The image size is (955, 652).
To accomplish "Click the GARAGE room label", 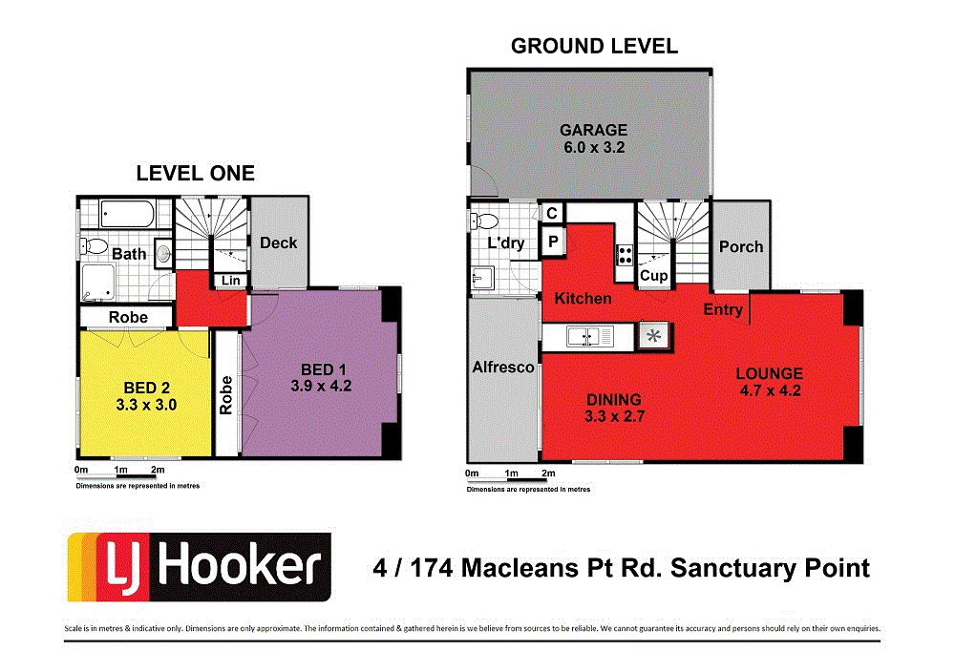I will tap(593, 130).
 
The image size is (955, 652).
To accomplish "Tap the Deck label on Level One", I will tap(278, 242).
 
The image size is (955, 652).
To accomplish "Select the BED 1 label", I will tap(317, 369).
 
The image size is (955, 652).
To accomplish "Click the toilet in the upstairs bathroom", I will tap(94, 245).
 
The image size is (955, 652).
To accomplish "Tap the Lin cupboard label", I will tap(230, 280).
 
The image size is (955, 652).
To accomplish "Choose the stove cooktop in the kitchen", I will tap(626, 254).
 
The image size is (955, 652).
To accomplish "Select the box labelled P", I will tap(553, 242).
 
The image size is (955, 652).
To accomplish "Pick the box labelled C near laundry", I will tap(552, 214).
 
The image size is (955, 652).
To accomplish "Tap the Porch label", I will tap(741, 246).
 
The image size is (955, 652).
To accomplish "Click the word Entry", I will tap(723, 309).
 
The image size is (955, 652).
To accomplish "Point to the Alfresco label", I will tap(503, 367).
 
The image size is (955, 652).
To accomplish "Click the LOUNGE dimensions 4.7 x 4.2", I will tap(769, 389).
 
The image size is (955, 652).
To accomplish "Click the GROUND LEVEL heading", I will tap(594, 46).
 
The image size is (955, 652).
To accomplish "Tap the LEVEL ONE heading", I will tap(196, 173).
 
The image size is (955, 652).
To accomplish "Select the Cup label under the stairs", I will tap(653, 276).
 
